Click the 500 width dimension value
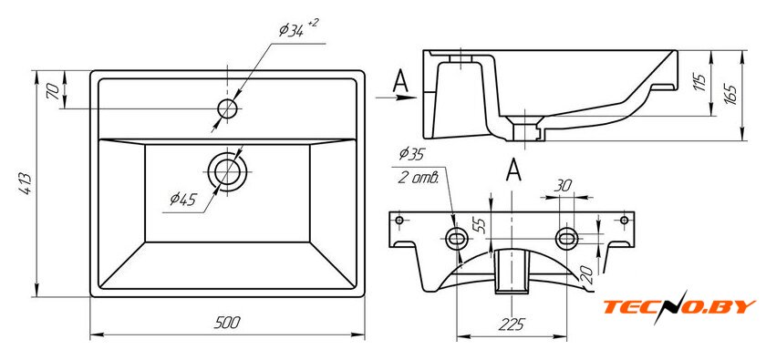227,323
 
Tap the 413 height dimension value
26,184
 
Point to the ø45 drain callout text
182,199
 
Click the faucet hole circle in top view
228,108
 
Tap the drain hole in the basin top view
227,171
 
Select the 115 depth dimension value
699,83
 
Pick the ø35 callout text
411,154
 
